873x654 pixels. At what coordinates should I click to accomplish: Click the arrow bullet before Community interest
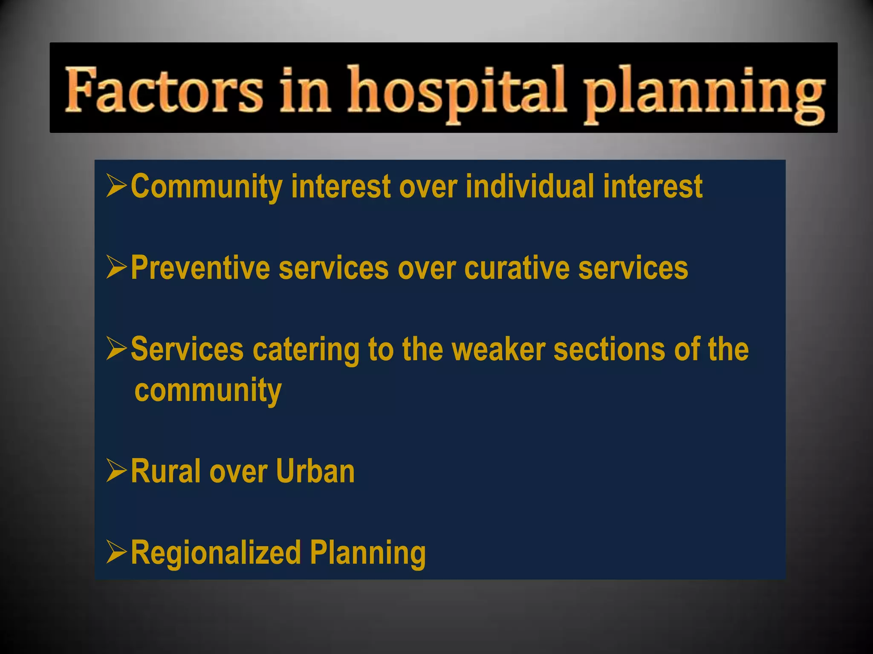tap(116, 186)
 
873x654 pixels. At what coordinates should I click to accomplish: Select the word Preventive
tap(200, 268)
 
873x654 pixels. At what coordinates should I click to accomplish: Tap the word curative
tap(517, 268)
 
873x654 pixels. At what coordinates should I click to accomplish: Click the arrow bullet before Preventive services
tap(116, 267)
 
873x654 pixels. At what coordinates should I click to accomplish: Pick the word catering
tap(306, 350)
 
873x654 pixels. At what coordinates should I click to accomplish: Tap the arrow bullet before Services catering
tap(116, 348)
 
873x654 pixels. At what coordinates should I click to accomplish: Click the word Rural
tap(166, 471)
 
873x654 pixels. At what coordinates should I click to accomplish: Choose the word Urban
tap(315, 471)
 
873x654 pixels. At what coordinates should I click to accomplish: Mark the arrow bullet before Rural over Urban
tap(116, 470)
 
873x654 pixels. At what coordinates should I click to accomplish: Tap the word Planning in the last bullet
tap(367, 553)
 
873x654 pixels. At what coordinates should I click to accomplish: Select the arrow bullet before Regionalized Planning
tap(116, 552)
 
